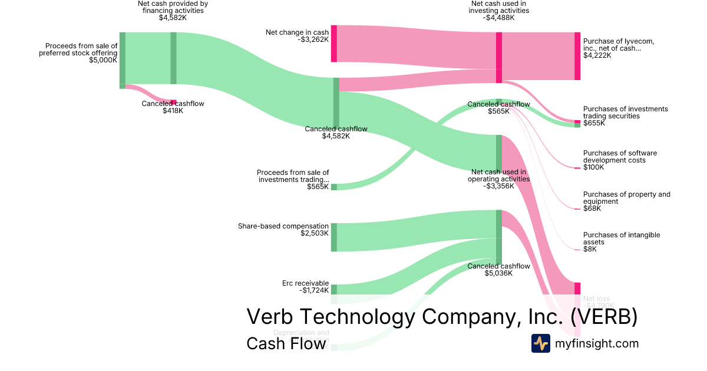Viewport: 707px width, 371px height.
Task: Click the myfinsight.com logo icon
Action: click(541, 343)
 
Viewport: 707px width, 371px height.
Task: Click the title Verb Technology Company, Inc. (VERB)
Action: click(442, 316)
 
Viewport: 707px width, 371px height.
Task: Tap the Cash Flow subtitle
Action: click(286, 343)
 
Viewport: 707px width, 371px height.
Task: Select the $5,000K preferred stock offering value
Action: click(103, 59)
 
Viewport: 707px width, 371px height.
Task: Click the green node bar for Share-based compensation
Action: click(334, 237)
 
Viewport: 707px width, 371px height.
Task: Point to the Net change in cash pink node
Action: click(334, 44)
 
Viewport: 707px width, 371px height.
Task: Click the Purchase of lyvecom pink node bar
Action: click(577, 56)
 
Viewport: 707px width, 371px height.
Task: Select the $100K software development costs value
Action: click(593, 167)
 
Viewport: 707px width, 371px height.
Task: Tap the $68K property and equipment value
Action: click(592, 208)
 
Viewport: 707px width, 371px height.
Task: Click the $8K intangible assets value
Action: click(590, 249)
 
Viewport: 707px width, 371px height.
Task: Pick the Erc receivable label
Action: click(305, 283)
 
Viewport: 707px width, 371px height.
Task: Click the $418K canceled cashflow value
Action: click(173, 111)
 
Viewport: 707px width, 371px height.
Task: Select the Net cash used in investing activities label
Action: click(499, 11)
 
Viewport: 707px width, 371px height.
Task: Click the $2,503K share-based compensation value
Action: click(314, 233)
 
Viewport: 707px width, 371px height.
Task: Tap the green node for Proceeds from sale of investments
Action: click(334, 187)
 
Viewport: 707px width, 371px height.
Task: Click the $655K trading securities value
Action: click(594, 123)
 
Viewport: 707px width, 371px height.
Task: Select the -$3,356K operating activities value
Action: click(499, 186)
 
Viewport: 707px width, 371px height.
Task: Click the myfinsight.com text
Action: click(596, 343)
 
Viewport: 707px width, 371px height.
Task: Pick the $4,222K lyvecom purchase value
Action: click(597, 56)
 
